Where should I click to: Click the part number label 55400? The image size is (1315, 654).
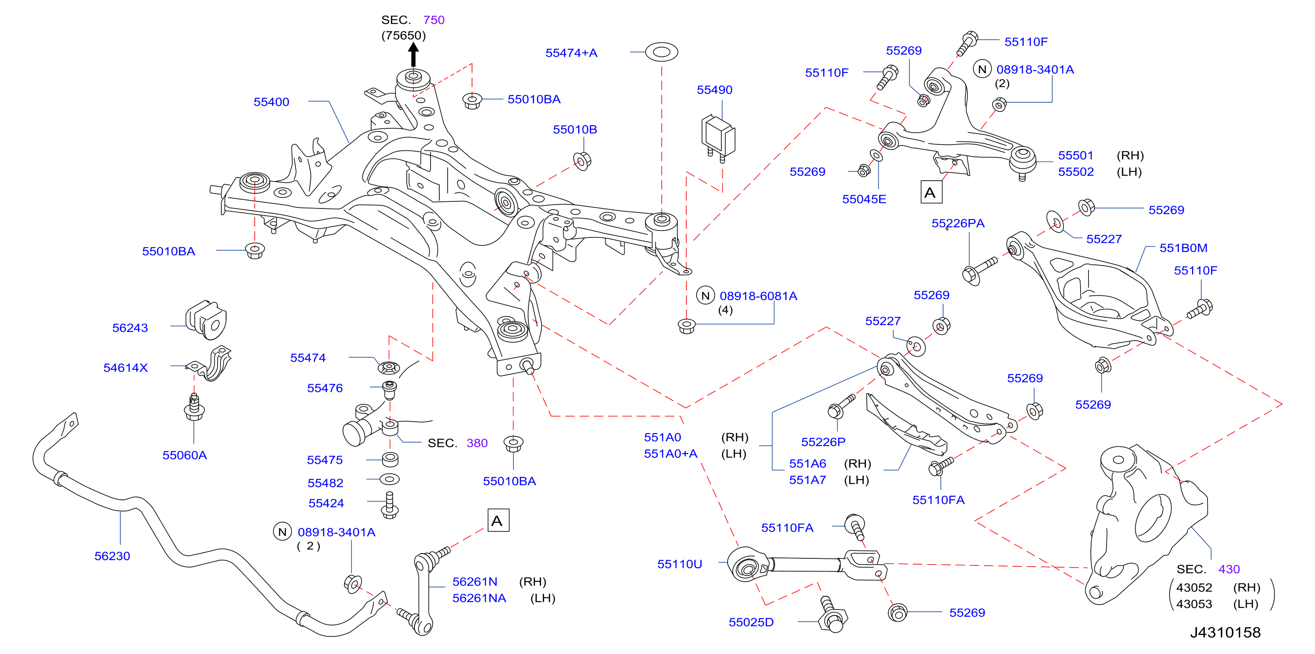[271, 102]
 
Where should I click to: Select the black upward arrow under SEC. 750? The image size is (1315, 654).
[413, 55]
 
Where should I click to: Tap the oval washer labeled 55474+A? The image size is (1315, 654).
[661, 52]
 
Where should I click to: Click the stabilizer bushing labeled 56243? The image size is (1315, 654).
[207, 320]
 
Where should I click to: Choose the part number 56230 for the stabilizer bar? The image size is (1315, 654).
[112, 556]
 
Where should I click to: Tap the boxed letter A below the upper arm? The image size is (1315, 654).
[931, 192]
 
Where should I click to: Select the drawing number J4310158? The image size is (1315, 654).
[1225, 632]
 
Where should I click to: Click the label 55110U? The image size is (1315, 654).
[680, 564]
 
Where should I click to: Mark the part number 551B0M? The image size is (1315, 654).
[1183, 248]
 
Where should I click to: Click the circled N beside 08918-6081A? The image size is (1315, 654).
[706, 296]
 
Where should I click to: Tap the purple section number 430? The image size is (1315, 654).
[1229, 569]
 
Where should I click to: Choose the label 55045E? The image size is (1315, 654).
[864, 199]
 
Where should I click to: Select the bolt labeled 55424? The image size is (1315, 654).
[390, 505]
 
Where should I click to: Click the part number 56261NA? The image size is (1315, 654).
[479, 598]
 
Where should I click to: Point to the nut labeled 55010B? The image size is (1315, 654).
[582, 161]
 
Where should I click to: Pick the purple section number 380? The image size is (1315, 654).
[477, 443]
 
